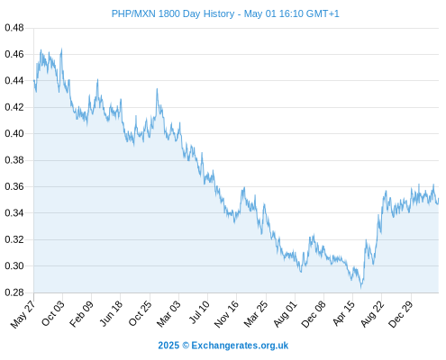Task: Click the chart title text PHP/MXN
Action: (x=133, y=13)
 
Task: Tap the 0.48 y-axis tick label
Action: (x=14, y=28)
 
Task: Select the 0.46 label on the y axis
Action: (x=14, y=54)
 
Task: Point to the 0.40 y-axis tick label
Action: (x=14, y=133)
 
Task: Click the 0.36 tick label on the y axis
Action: (x=14, y=186)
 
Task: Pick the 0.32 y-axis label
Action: (x=14, y=239)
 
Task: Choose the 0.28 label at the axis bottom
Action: (x=14, y=292)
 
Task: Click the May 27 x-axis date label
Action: (x=23, y=314)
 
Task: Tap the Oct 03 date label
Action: (x=52, y=313)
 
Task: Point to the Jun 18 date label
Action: (x=111, y=313)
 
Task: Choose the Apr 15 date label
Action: (x=344, y=313)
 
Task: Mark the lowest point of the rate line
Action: (x=361, y=288)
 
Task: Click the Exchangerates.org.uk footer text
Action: (x=240, y=346)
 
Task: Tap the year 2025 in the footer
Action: (x=168, y=346)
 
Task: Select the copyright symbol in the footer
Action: (x=186, y=346)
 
